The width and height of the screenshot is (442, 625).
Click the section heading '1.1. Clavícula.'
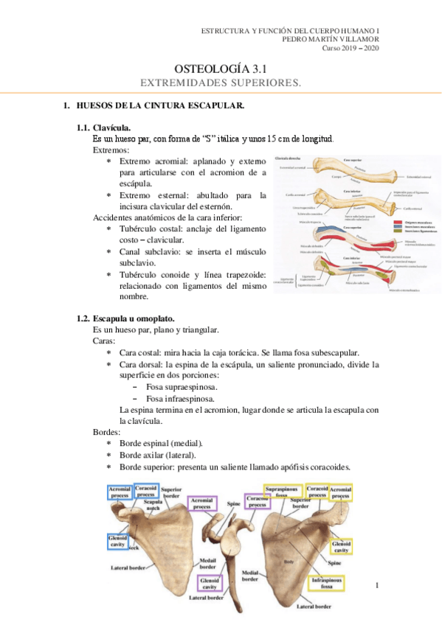pos(110,128)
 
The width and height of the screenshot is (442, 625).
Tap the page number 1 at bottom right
pos(376,585)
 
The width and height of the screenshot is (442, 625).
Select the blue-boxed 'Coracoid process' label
pos(145,491)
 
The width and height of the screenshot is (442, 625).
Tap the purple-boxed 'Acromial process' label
pos(203,503)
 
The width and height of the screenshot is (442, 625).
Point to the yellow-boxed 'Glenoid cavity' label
pos(340,546)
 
